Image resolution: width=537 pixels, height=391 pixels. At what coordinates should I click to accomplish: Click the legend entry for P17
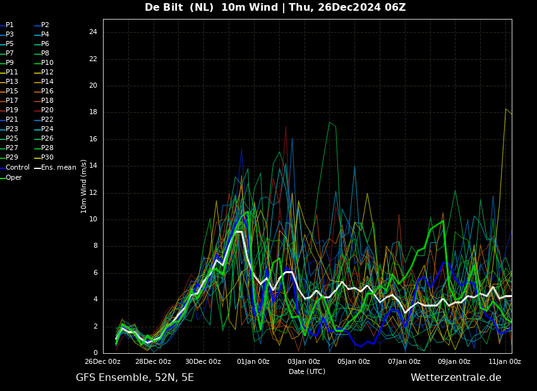9,100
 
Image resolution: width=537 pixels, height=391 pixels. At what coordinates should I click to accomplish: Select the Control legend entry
15,168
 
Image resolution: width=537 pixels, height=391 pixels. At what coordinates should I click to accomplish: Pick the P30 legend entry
44,157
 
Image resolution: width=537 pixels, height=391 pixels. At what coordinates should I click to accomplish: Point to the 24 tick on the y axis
93,32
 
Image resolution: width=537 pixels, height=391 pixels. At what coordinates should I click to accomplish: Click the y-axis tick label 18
93,112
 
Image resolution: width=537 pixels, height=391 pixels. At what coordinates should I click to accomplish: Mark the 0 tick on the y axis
95,353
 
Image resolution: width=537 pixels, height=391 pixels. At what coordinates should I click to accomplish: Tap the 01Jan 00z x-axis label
253,361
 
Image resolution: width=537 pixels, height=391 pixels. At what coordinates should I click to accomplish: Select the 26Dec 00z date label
102,361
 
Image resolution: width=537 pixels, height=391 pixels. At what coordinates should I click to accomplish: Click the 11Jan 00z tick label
505,361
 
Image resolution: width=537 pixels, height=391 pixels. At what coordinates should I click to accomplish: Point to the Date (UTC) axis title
307,371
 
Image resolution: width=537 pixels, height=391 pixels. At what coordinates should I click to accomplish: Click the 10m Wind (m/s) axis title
83,186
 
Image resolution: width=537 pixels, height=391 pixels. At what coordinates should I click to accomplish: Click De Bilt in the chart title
164,7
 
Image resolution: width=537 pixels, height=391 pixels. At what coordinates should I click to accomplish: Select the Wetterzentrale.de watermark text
456,378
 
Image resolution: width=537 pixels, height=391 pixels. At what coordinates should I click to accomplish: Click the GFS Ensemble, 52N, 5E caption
135,378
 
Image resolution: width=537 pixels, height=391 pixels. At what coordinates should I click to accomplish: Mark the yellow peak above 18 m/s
505,109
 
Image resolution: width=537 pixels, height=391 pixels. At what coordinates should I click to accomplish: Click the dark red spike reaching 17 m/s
286,127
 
